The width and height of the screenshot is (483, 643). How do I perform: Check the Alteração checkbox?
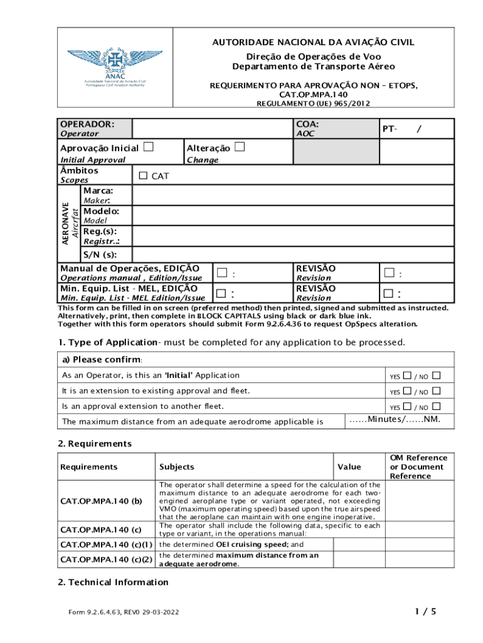240,148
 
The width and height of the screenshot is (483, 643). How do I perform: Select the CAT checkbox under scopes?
143,176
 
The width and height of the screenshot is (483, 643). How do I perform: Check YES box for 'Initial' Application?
407,376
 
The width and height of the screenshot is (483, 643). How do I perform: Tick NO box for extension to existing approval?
437,391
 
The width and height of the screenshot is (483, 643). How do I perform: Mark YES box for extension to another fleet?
407,406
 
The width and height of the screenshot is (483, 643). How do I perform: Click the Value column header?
349,467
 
